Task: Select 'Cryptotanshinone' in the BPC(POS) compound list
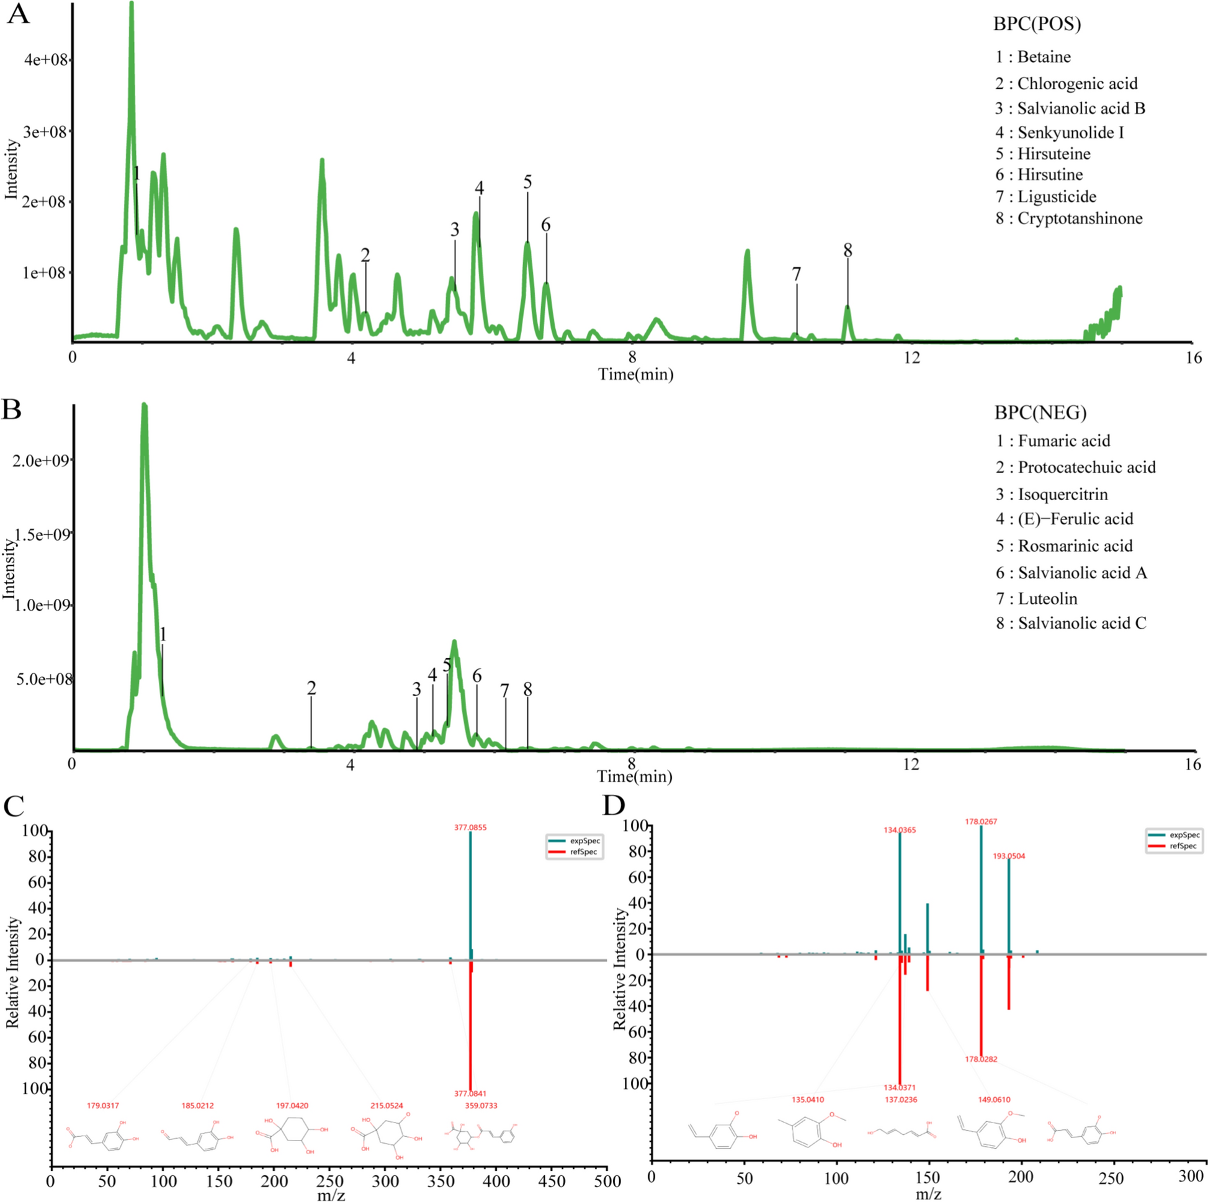pos(1079,218)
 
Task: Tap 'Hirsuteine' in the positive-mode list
pos(1054,154)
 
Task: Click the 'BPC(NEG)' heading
pos(1040,413)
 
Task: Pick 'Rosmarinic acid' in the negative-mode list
pos(1075,546)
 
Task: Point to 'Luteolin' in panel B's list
pos(1047,598)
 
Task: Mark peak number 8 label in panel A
pos(848,251)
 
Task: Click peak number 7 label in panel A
pos(796,274)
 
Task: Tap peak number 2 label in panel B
pos(311,689)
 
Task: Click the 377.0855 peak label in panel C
pos(470,827)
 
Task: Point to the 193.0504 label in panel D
pos(1009,856)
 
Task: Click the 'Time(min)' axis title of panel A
pos(635,375)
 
